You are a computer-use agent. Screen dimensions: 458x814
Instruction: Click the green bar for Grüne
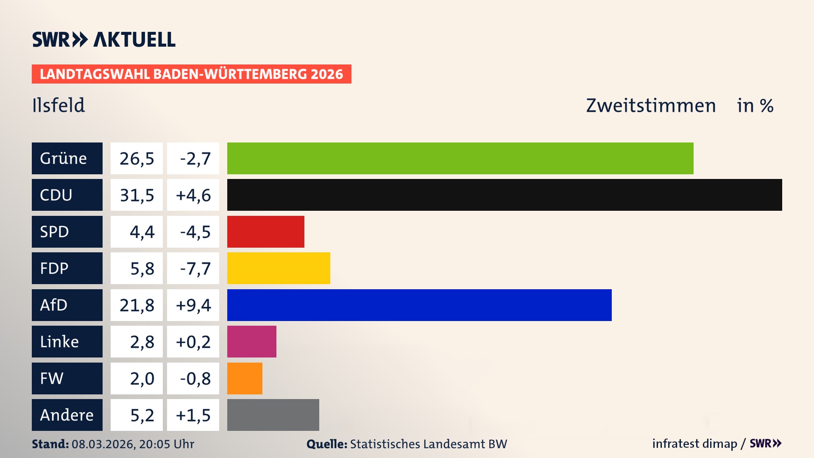tap(460, 158)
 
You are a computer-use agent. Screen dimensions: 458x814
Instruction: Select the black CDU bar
tap(505, 195)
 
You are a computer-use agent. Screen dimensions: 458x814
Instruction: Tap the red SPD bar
tap(265, 232)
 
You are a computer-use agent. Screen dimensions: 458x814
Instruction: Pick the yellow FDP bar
tap(279, 268)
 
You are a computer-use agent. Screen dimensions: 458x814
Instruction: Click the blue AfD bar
tap(419, 305)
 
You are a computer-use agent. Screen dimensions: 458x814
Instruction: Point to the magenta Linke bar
tap(251, 341)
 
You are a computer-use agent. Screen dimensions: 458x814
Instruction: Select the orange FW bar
tap(245, 378)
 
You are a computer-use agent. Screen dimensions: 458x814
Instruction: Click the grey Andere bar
tap(273, 415)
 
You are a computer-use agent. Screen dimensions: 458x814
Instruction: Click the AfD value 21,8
tap(137, 305)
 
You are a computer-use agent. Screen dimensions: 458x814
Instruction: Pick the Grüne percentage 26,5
tap(137, 158)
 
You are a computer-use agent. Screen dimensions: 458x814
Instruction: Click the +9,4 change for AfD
tap(193, 305)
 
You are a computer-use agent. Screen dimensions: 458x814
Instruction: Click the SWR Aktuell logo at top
tap(104, 39)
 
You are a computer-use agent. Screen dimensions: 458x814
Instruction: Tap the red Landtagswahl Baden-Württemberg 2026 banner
tap(191, 74)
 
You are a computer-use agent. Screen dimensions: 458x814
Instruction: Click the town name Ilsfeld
tap(59, 105)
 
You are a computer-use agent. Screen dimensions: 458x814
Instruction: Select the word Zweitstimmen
tap(651, 105)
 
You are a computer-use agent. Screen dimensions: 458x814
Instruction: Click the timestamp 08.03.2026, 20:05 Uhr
tap(133, 444)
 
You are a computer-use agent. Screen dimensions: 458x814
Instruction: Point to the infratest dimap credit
tap(694, 444)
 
